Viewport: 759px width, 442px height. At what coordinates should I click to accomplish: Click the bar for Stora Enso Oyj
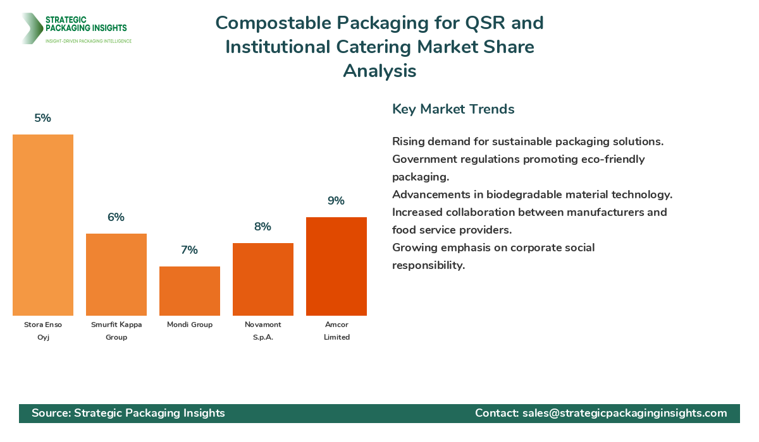[x=43, y=225]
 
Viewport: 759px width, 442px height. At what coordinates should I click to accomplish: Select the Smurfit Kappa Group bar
[x=116, y=275]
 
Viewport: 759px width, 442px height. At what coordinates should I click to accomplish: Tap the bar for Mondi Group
[x=190, y=291]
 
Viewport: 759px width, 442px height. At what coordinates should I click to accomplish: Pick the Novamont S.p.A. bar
[x=263, y=279]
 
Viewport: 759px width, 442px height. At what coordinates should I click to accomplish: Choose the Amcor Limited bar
[x=336, y=266]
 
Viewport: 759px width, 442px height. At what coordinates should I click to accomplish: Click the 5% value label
[x=43, y=118]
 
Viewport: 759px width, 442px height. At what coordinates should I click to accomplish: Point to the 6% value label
[x=116, y=217]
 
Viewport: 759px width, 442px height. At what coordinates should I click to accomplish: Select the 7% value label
[x=190, y=250]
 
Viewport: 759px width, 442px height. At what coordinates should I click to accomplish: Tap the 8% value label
[x=263, y=227]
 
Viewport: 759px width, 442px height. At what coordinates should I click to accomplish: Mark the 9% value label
[x=336, y=201]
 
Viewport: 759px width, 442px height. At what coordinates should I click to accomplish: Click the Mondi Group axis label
[x=190, y=325]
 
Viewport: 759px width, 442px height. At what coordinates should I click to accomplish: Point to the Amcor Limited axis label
[x=336, y=331]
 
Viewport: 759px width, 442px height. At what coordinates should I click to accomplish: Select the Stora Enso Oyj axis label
[x=43, y=331]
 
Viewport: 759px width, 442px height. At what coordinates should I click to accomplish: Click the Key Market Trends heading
[x=454, y=109]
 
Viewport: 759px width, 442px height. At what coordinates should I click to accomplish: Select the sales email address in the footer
[x=624, y=413]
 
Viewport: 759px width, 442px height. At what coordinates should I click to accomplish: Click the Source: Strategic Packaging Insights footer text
[x=128, y=413]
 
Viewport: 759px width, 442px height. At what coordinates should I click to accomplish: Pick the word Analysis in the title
[x=379, y=71]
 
